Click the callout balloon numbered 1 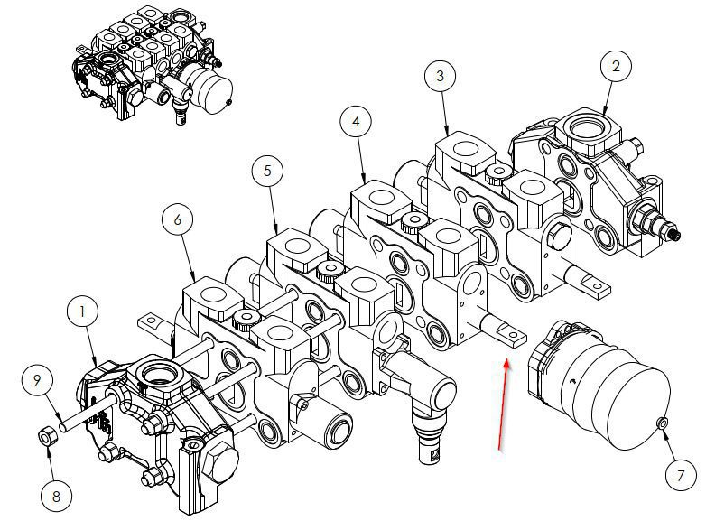(x=83, y=311)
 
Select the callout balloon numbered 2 (x=616, y=66)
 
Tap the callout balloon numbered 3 (x=440, y=76)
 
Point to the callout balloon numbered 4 (x=356, y=121)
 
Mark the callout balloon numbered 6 (x=178, y=219)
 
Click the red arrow (x=502, y=402)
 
